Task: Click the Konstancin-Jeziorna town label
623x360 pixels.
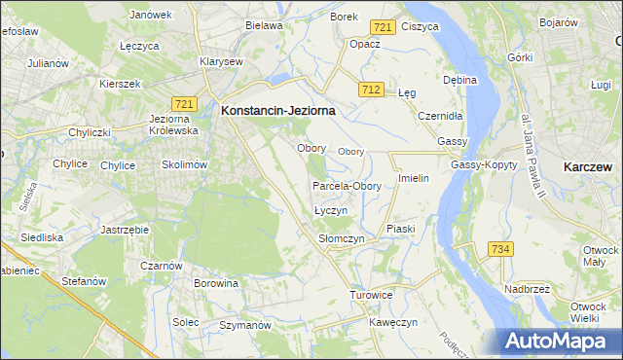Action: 278,111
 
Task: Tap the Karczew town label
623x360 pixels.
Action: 588,167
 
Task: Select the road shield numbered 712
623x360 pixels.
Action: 369,90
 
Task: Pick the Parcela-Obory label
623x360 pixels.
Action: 347,186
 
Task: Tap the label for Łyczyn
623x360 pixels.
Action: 331,211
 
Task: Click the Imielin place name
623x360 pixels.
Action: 414,180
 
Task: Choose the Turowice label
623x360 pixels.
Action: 371,294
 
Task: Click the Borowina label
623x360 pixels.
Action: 216,284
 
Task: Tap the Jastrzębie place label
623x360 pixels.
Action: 124,230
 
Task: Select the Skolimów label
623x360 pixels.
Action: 185,165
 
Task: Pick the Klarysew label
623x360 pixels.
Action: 221,60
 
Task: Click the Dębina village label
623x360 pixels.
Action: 459,80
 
